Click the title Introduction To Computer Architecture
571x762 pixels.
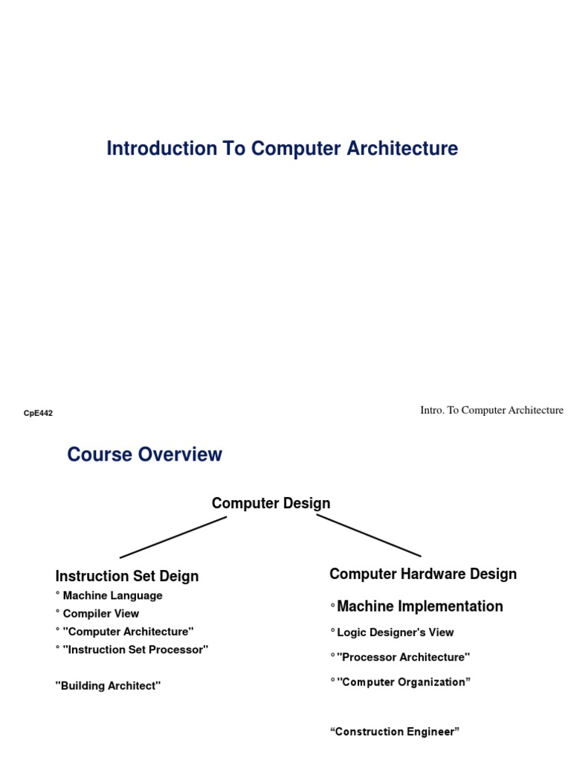point(282,148)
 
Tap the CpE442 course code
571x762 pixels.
point(39,413)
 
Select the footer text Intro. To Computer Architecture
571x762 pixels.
point(491,410)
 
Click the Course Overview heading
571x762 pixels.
point(144,454)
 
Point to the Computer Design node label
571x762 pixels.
point(271,503)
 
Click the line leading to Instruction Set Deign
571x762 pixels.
point(172,537)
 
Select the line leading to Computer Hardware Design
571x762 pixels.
point(369,536)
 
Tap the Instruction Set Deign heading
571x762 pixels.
point(127,576)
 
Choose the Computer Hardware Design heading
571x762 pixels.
point(423,574)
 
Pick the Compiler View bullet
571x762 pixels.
point(100,613)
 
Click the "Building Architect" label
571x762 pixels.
point(108,685)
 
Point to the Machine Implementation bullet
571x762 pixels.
point(419,606)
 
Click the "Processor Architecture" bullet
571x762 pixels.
point(403,657)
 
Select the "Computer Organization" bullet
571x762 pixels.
point(404,682)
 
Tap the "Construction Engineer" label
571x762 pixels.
point(395,731)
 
